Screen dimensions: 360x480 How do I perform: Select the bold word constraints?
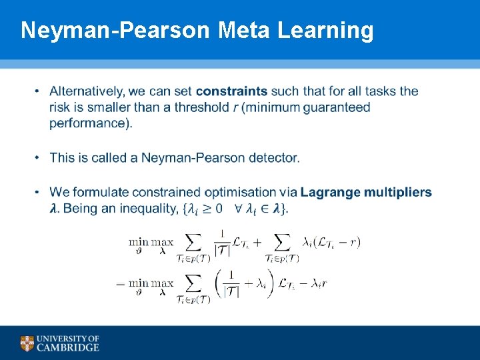[231, 91]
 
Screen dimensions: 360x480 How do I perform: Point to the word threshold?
[201, 107]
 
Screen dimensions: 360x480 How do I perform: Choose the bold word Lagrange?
[328, 192]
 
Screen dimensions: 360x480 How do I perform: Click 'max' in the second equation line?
[162, 283]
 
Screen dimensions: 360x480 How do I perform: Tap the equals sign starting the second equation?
[121, 283]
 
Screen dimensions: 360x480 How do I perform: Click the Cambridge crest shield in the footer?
[27, 343]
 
